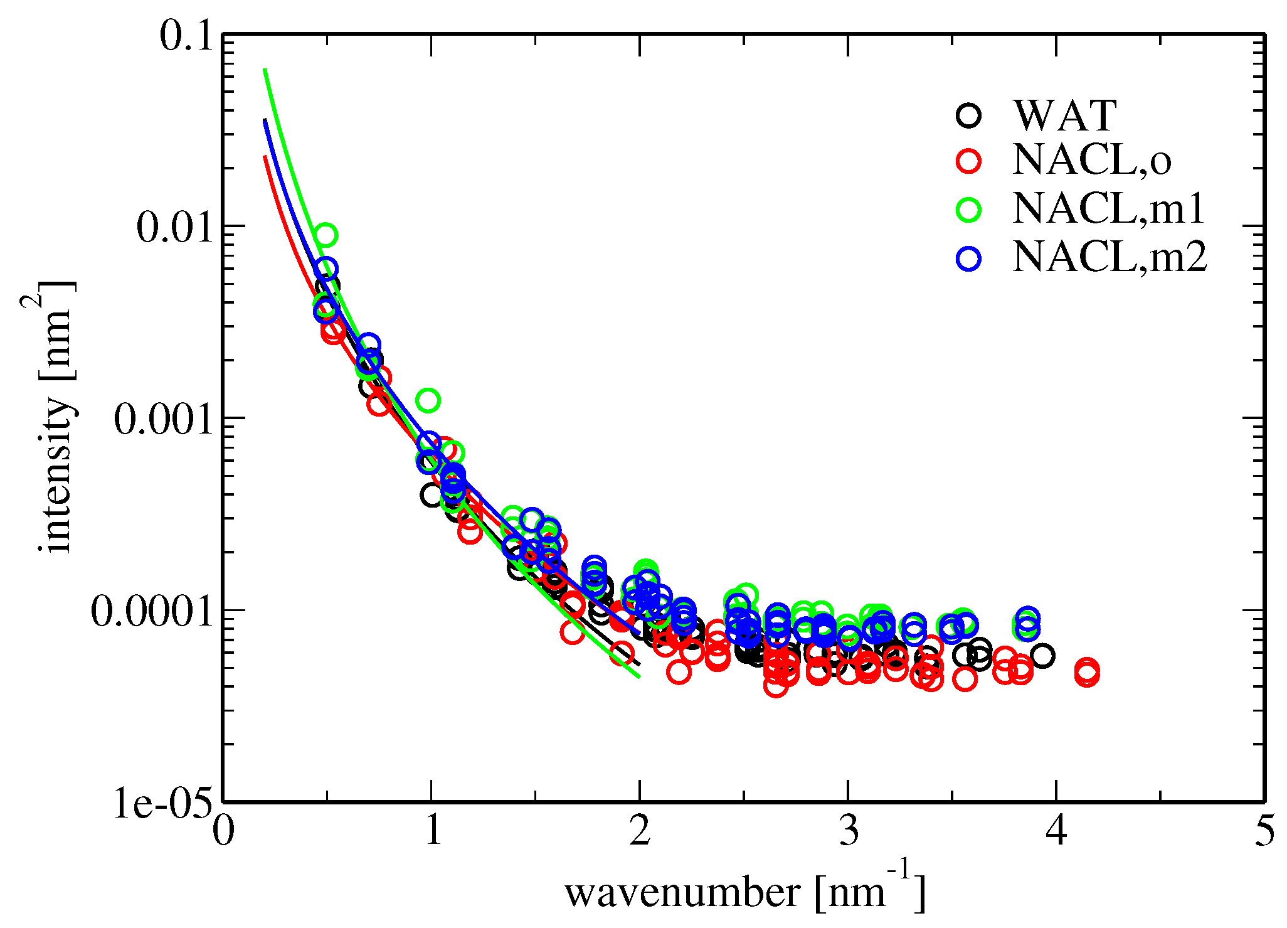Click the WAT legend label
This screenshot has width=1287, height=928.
[1064, 115]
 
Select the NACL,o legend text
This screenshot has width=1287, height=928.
[1091, 161]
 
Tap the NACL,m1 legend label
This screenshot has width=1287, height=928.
[1108, 208]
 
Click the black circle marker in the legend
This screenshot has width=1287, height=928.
[969, 115]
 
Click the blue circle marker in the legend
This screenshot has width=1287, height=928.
[969, 258]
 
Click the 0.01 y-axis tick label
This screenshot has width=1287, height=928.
[172, 227]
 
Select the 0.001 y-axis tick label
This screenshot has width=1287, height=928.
[161, 419]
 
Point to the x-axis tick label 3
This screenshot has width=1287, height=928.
[847, 832]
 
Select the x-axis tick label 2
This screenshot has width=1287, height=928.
[639, 832]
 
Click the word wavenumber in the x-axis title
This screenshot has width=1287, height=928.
[682, 893]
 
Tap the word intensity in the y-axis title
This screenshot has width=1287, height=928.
[58, 476]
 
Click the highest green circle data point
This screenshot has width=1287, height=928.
[325, 235]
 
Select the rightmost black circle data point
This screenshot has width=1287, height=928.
[1042, 656]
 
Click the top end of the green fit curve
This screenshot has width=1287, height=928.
[265, 69]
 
